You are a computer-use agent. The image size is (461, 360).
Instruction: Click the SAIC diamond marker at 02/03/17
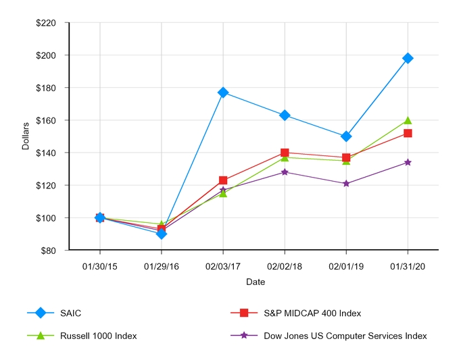(223, 93)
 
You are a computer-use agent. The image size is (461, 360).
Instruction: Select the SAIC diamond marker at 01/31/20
(408, 58)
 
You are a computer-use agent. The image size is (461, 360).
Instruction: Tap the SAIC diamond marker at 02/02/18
(285, 115)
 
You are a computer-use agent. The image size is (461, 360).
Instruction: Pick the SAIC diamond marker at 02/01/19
(346, 136)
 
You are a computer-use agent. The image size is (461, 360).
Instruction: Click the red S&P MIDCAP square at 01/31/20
(408, 133)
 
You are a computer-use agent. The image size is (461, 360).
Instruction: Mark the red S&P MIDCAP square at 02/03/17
(223, 180)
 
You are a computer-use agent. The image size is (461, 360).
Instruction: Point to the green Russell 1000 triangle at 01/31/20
(408, 120)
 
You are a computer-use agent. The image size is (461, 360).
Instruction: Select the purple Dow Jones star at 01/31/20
(408, 162)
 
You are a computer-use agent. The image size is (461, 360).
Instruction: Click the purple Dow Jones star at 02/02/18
(285, 172)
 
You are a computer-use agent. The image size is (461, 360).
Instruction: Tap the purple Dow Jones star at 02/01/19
(346, 183)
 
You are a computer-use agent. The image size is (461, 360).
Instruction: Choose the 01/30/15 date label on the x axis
(100, 267)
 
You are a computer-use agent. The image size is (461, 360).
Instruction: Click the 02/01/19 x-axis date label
(346, 267)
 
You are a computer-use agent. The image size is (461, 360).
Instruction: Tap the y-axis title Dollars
(26, 136)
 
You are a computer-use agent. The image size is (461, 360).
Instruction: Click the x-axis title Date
(255, 282)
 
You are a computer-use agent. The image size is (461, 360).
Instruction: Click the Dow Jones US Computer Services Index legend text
(345, 336)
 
